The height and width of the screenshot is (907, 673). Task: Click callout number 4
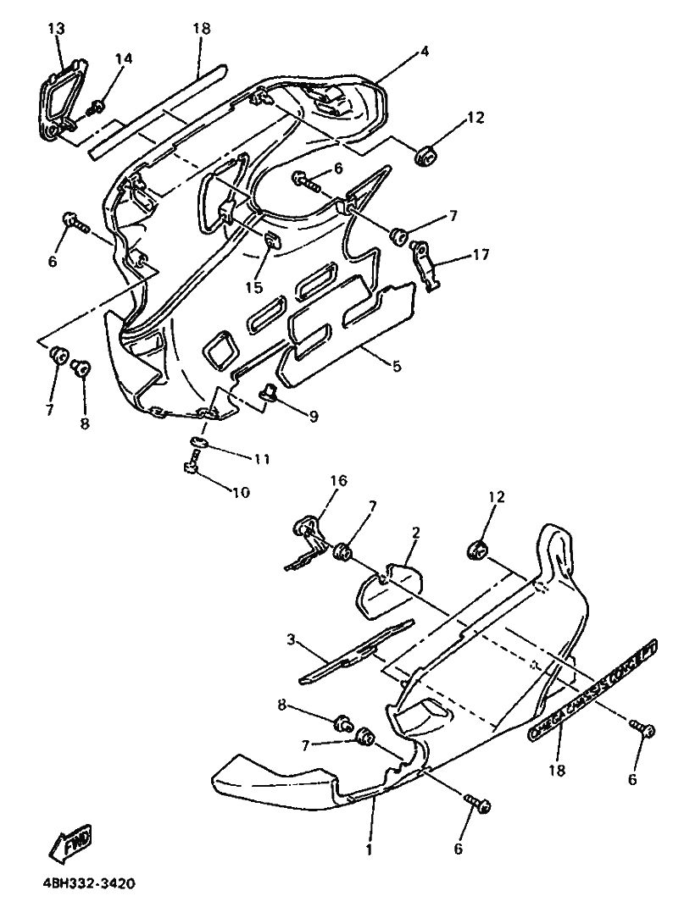point(423,52)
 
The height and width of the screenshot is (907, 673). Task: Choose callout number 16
point(337,481)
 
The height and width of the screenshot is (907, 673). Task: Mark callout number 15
point(254,288)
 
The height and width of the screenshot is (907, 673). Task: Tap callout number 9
point(313,417)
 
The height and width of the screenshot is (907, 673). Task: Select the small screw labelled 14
point(98,106)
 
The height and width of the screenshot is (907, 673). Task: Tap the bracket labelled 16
point(307,542)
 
